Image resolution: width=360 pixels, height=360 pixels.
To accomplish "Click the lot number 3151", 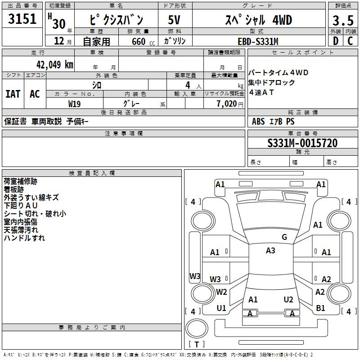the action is pyautogui.click(x=22, y=20).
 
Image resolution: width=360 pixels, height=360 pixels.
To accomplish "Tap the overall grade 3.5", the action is pyautogui.click(x=342, y=21).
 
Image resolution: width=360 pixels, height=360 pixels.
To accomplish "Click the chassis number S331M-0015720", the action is pyautogui.click(x=302, y=144).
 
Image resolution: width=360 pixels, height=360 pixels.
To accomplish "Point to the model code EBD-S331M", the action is pyautogui.click(x=258, y=41).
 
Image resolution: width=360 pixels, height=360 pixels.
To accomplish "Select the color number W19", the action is pyautogui.click(x=75, y=103).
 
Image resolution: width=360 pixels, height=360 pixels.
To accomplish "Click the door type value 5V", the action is pyautogui.click(x=174, y=20).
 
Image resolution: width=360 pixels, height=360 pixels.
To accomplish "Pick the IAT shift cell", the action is pyautogui.click(x=13, y=94).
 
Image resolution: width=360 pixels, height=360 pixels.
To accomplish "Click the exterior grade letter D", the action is pyautogui.click(x=335, y=41).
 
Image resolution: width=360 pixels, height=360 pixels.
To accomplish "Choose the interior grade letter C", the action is pyautogui.click(x=350, y=41).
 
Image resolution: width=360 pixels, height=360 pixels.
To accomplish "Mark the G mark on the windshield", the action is pyautogui.click(x=284, y=237).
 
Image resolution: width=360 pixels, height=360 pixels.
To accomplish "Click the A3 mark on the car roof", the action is pyautogui.click(x=270, y=251).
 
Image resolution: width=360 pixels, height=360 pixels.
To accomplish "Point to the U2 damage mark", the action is pyautogui.click(x=288, y=299).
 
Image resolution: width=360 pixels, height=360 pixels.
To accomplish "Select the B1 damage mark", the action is pyautogui.click(x=320, y=308).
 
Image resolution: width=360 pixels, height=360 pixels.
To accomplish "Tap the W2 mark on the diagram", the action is pyautogui.click(x=221, y=292).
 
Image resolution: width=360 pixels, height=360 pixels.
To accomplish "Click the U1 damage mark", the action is pyautogui.click(x=221, y=308).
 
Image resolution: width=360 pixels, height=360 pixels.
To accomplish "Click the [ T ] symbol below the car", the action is pyautogui.click(x=197, y=344).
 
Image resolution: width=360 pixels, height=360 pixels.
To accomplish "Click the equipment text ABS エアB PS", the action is pyautogui.click(x=274, y=121).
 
